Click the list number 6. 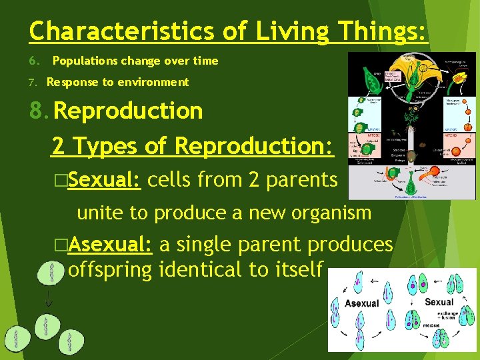pos(33,61)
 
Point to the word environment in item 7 pos(157,82)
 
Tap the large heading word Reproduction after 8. pos(128,111)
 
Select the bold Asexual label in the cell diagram pos(361,304)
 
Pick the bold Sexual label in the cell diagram pos(439,302)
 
